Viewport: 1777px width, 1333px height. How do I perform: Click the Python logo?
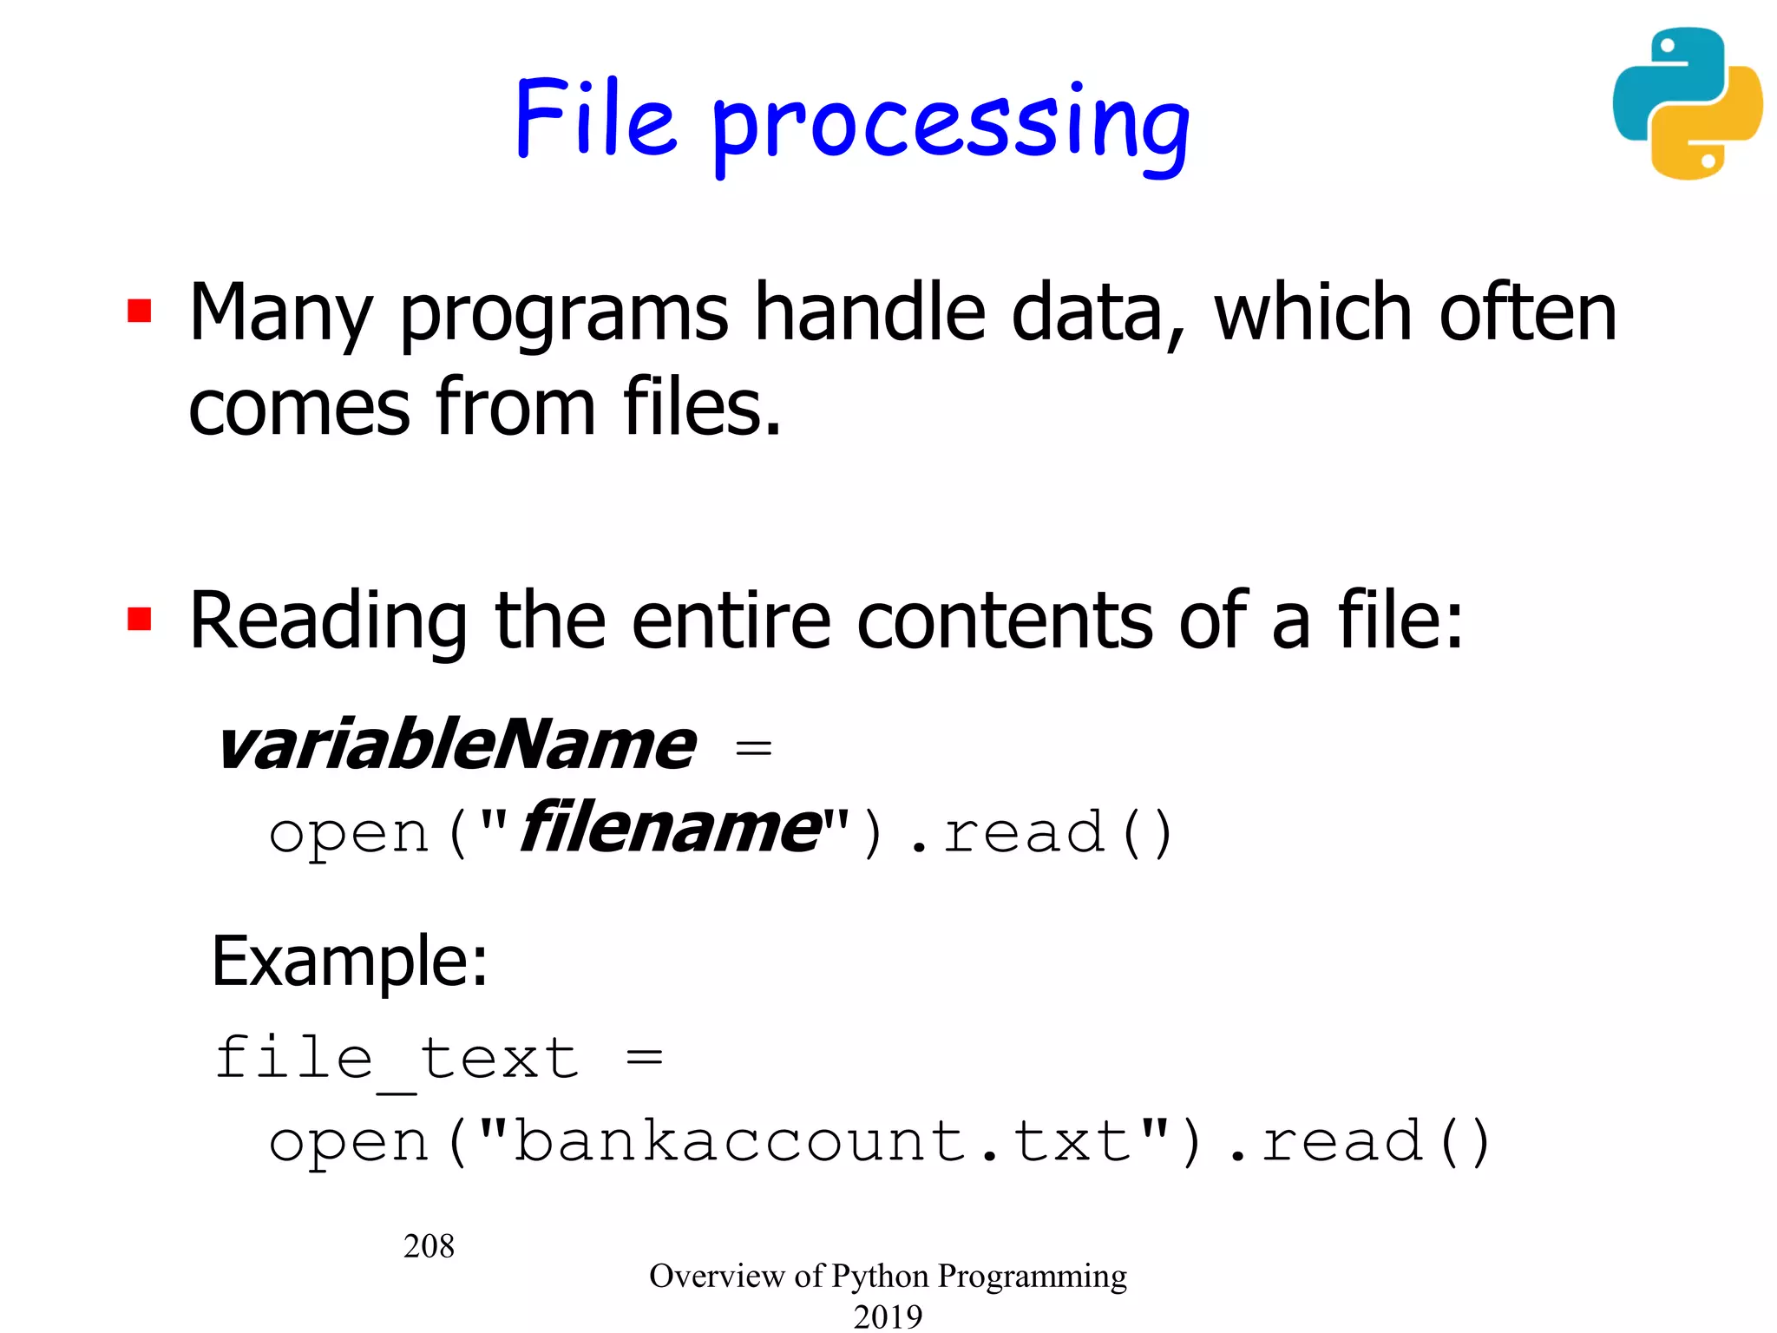[x=1687, y=103]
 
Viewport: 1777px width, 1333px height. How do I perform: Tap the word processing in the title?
[x=950, y=128]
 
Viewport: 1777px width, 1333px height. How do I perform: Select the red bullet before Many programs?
[x=140, y=311]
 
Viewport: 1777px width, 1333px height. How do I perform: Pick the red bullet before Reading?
[x=140, y=619]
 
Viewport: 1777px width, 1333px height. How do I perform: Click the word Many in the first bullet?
[x=280, y=314]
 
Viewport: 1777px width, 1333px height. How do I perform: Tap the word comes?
[x=298, y=408]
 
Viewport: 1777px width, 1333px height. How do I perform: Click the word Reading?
[x=328, y=622]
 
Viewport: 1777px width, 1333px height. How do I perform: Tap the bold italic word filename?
[x=670, y=829]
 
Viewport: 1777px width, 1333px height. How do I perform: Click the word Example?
[x=349, y=962]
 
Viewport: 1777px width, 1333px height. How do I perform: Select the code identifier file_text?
[x=397, y=1060]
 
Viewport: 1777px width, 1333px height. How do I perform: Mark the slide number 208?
[x=429, y=1246]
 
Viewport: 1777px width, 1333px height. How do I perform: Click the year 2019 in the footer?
[x=888, y=1316]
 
